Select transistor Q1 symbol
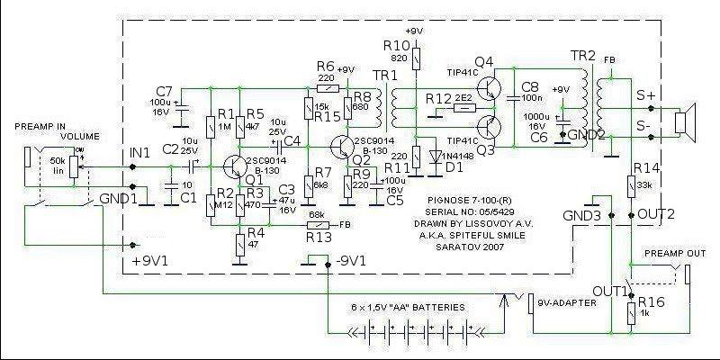pos(234,167)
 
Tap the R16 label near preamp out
pos(655,302)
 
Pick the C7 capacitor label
pos(163,91)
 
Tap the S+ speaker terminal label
pos(645,94)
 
